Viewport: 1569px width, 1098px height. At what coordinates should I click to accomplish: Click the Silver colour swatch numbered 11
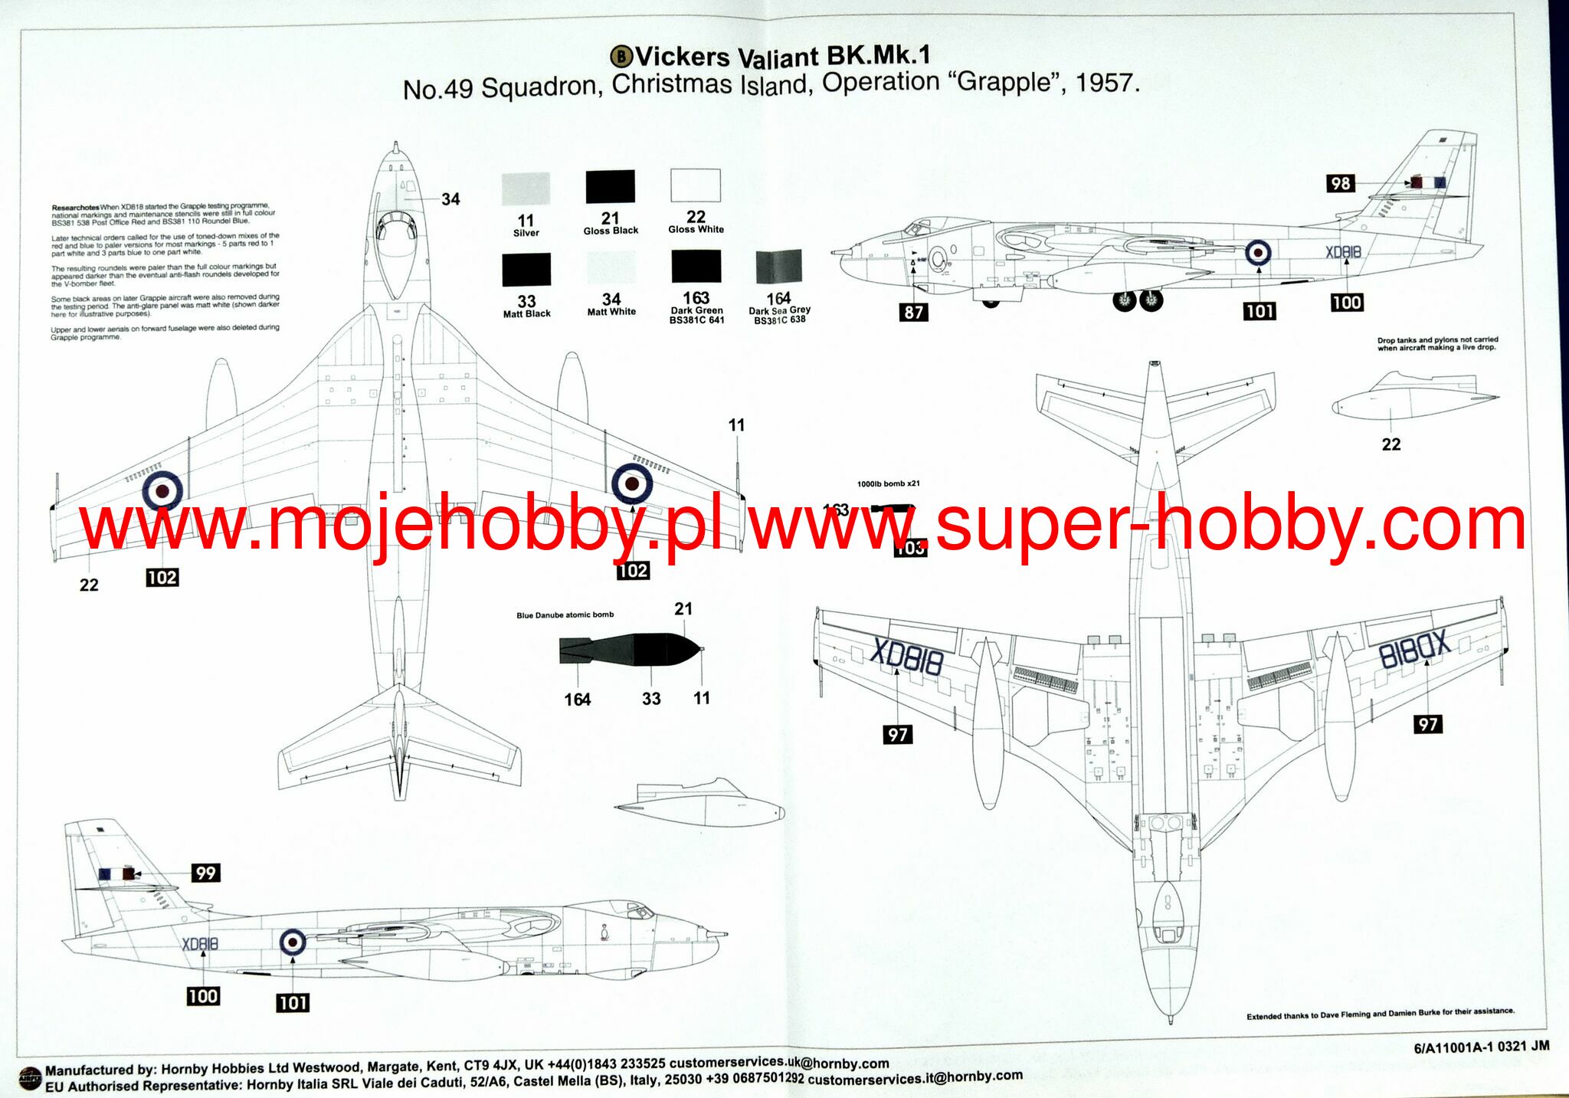click(x=526, y=188)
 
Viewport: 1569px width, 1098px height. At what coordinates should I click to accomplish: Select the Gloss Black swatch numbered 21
click(x=611, y=187)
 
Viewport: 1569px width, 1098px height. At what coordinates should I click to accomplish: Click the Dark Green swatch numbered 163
click(x=696, y=267)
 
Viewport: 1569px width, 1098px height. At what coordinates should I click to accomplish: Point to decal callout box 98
click(x=1341, y=183)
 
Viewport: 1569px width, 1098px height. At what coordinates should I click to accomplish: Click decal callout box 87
click(x=914, y=312)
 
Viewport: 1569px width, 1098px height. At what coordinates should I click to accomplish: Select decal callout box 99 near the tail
click(x=205, y=873)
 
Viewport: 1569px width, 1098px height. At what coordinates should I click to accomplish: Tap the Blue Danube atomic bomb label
click(x=565, y=615)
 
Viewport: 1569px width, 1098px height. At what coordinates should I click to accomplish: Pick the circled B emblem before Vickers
click(x=621, y=56)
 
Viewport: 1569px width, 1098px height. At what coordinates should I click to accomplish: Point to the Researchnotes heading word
click(x=75, y=208)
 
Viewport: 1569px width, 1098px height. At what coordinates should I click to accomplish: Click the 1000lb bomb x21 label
click(x=888, y=483)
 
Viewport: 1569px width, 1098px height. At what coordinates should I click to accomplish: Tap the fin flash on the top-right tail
click(x=1429, y=182)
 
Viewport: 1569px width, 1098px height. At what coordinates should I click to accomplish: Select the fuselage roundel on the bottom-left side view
click(x=293, y=942)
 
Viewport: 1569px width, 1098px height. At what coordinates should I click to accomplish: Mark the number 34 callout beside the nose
click(x=450, y=199)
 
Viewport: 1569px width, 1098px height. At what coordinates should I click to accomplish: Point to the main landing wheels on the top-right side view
click(x=1138, y=300)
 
